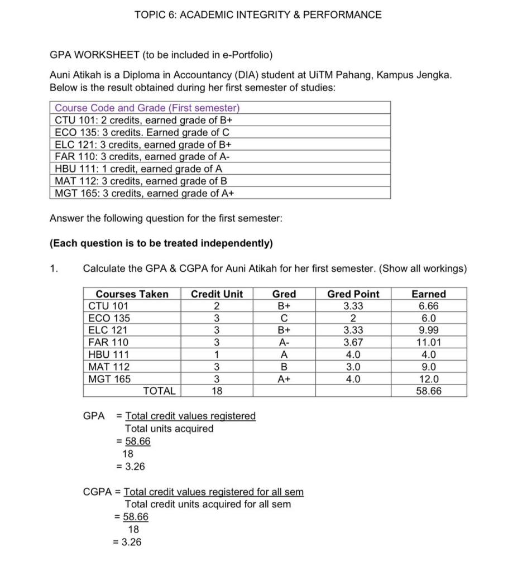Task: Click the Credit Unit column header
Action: (x=217, y=294)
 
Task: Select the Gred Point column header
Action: (x=353, y=294)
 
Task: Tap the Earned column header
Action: (x=428, y=294)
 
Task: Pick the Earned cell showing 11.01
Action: (x=428, y=342)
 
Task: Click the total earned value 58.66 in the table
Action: (x=428, y=391)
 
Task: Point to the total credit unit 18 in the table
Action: (x=217, y=391)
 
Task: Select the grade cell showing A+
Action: (x=284, y=379)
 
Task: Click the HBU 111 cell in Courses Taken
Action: (x=109, y=354)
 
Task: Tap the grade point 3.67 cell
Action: (x=353, y=342)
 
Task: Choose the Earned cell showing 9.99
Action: (x=428, y=330)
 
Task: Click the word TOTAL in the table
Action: (x=159, y=391)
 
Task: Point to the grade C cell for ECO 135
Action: (x=284, y=318)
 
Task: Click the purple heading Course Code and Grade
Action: (x=147, y=108)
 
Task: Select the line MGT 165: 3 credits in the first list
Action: (x=145, y=193)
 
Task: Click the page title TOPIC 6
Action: (x=258, y=15)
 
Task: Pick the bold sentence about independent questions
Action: (x=161, y=243)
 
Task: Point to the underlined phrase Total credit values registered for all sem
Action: (x=213, y=492)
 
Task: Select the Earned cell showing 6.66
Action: (x=428, y=306)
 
